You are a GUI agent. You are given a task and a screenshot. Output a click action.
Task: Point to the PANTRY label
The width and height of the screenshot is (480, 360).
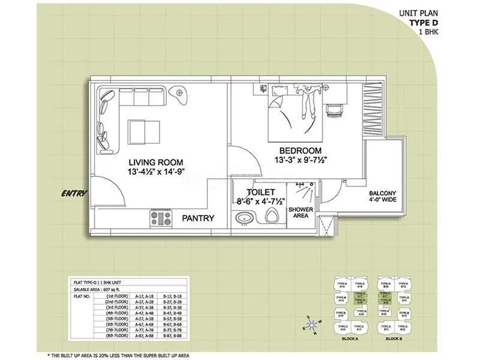198,218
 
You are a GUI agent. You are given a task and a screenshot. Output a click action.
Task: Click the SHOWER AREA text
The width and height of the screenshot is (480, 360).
301,212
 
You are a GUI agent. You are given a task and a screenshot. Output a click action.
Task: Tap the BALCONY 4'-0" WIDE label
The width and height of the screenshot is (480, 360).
382,197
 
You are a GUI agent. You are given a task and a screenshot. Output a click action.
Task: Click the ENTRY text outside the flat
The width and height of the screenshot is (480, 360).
74,194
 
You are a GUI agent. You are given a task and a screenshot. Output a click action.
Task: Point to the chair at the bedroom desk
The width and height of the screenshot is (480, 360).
334,110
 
